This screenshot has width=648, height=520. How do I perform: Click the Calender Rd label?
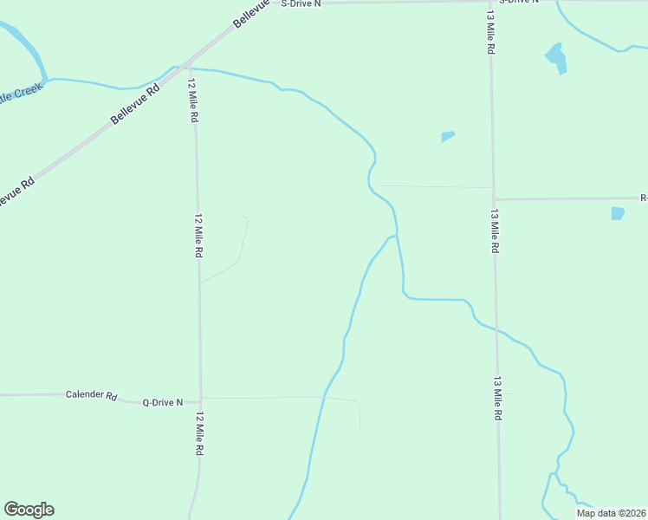point(91,395)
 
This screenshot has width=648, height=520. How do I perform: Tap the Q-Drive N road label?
point(163,402)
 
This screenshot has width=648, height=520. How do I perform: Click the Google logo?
point(29,510)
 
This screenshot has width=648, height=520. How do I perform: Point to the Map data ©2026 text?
point(610,513)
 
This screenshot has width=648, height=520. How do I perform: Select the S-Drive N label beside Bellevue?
point(301,3)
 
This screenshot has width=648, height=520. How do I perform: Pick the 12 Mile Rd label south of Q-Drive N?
point(199,435)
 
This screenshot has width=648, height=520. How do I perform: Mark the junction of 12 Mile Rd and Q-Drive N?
point(201,400)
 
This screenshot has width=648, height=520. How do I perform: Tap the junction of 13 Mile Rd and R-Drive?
point(494,199)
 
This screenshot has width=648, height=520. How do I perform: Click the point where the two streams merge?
point(397,235)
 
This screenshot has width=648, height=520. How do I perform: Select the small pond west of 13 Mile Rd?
point(447,136)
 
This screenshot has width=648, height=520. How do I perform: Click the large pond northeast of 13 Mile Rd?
point(556,57)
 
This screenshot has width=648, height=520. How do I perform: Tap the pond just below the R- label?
point(617,213)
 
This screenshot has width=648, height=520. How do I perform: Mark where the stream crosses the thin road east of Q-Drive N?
point(324,398)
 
